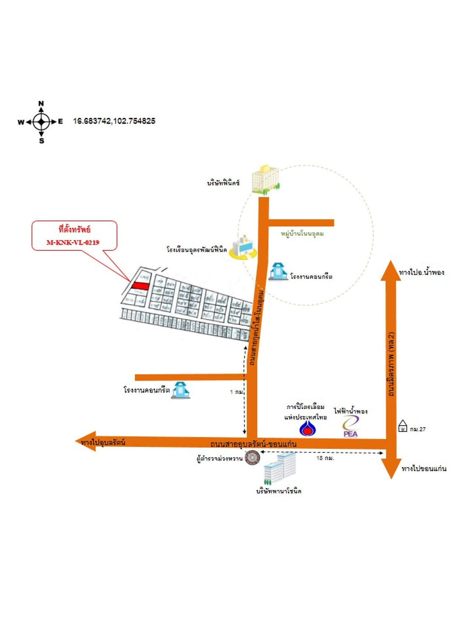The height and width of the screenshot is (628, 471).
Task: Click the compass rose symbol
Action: pos(41,121)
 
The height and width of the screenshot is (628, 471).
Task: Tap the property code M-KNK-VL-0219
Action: pos(73,242)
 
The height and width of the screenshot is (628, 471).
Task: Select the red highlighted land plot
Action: pos(140,286)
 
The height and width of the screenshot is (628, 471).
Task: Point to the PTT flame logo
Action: pos(307,428)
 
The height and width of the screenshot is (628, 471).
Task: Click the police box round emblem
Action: pos(252,458)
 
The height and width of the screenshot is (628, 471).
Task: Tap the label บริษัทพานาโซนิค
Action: pos(279,491)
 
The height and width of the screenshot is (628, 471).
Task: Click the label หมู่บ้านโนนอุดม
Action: pos(302,234)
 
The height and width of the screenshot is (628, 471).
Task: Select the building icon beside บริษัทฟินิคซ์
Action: pos(265,180)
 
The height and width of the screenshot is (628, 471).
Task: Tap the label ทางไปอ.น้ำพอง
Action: pos(421,273)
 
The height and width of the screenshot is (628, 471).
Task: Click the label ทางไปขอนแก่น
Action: pos(424,469)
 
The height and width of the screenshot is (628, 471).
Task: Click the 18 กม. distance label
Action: pos(325,458)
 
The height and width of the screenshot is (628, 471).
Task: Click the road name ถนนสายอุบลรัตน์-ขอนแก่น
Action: pos(253,444)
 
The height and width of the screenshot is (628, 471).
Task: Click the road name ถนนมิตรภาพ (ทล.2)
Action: pos(391,364)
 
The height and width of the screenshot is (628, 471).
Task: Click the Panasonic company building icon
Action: pos(280,468)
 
